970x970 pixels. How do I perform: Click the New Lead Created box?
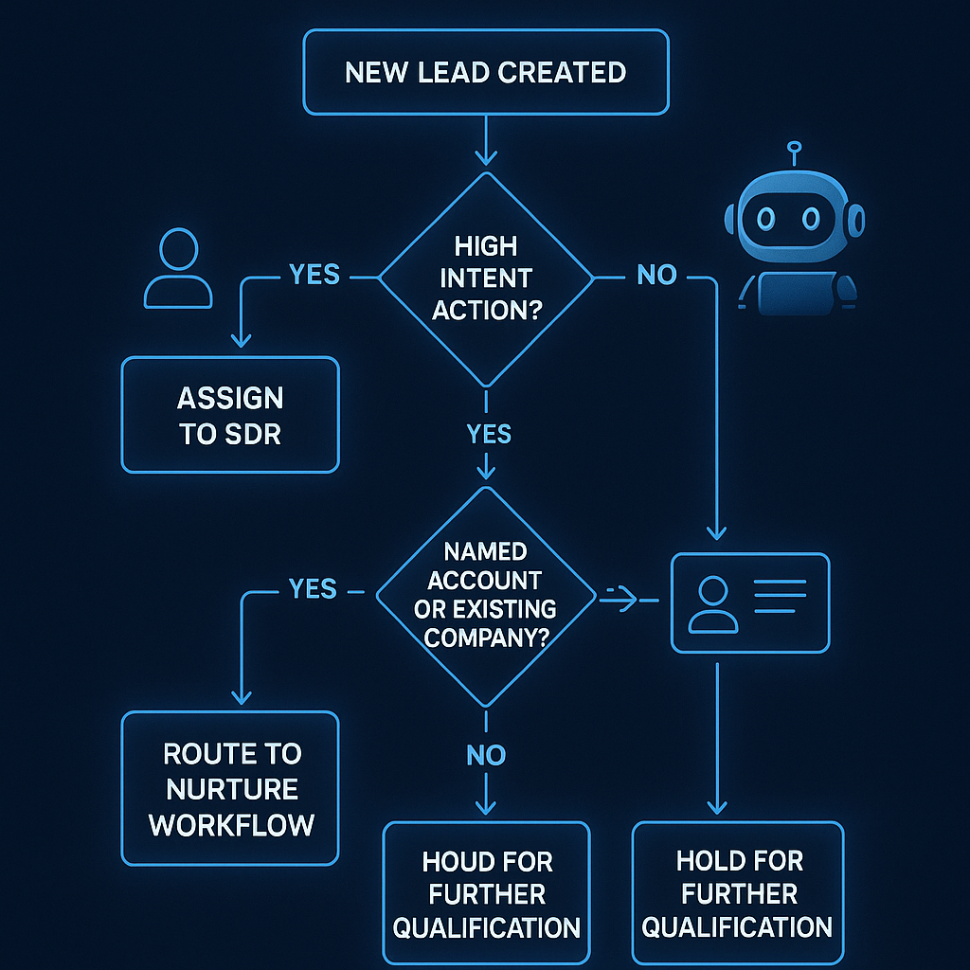click(x=485, y=72)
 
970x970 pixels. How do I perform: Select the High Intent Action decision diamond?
click(x=485, y=278)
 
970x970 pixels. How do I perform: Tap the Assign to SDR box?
click(x=230, y=415)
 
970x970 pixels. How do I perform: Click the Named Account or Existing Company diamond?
click(x=485, y=595)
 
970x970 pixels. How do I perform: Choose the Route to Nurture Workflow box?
click(x=230, y=788)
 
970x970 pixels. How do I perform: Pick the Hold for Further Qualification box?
click(x=738, y=893)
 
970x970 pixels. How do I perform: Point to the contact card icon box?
click(x=750, y=602)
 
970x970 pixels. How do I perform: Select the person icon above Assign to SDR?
click(x=178, y=270)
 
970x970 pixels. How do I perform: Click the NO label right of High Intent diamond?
click(x=656, y=276)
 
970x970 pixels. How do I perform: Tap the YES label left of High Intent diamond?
click(x=314, y=275)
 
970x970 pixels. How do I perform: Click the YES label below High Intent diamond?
click(x=488, y=434)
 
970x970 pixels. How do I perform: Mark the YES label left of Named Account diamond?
click(x=313, y=589)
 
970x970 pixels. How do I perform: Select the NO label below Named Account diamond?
click(x=486, y=755)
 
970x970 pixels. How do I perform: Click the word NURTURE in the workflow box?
click(x=231, y=788)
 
